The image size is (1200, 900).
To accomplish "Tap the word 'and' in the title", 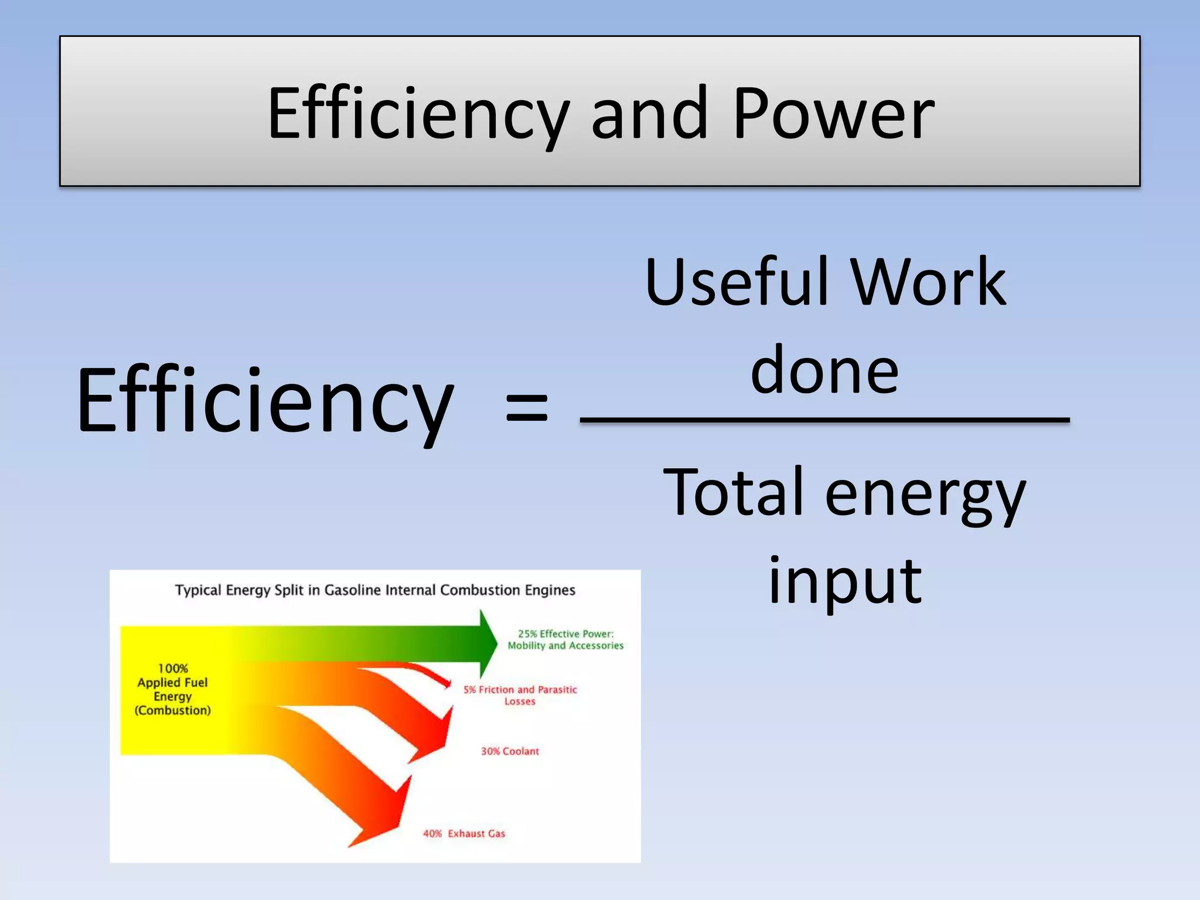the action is pyautogui.click(x=650, y=114).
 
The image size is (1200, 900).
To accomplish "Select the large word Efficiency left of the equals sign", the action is pyautogui.click(x=265, y=401).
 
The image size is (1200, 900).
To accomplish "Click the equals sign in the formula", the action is pyautogui.click(x=526, y=407).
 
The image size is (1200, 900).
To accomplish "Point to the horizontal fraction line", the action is pyautogui.click(x=824, y=420).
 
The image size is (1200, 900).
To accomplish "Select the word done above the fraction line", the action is pyautogui.click(x=824, y=370).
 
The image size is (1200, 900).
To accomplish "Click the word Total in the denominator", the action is pyautogui.click(x=732, y=492).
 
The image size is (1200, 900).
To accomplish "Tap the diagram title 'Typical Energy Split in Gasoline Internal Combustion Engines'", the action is pyautogui.click(x=375, y=590).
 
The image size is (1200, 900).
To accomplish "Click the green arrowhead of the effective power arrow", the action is pyautogui.click(x=488, y=643).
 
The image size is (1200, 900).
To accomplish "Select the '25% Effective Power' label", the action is pyautogui.click(x=565, y=639).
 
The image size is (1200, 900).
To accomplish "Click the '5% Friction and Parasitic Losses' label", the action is pyautogui.click(x=520, y=696).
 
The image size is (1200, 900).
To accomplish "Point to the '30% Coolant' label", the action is pyautogui.click(x=510, y=751).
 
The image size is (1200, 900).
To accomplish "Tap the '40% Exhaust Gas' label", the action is pyautogui.click(x=464, y=833).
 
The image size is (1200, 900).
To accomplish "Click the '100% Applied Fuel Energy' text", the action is pyautogui.click(x=173, y=689).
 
